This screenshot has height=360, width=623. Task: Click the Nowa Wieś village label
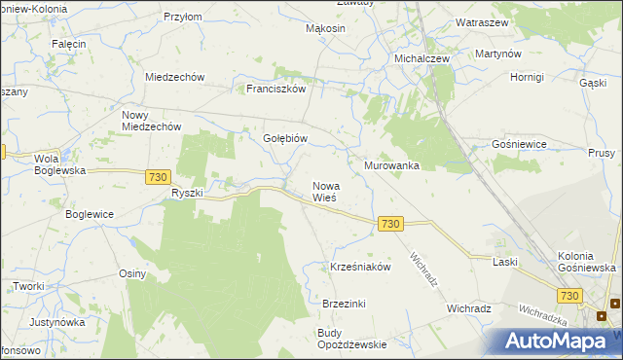(324, 191)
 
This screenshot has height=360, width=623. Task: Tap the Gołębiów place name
(285, 138)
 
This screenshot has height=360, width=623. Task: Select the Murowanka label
(391, 165)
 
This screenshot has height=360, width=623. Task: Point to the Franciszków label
(276, 89)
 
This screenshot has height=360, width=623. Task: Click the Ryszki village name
(187, 193)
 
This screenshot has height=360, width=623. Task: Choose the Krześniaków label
(360, 266)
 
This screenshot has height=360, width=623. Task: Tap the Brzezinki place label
(344, 304)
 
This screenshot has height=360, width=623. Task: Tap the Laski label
(504, 262)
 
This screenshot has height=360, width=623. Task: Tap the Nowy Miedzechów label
(151, 120)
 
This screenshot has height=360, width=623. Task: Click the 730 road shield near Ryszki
(159, 176)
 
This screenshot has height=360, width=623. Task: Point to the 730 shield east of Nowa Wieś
(390, 224)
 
